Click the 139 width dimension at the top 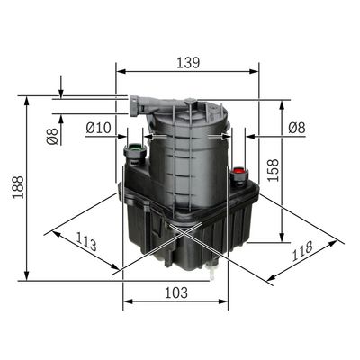186,63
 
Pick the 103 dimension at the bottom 175,293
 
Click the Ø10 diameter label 98,129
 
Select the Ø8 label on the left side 52,137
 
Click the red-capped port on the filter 239,170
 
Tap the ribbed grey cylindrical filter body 184,162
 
